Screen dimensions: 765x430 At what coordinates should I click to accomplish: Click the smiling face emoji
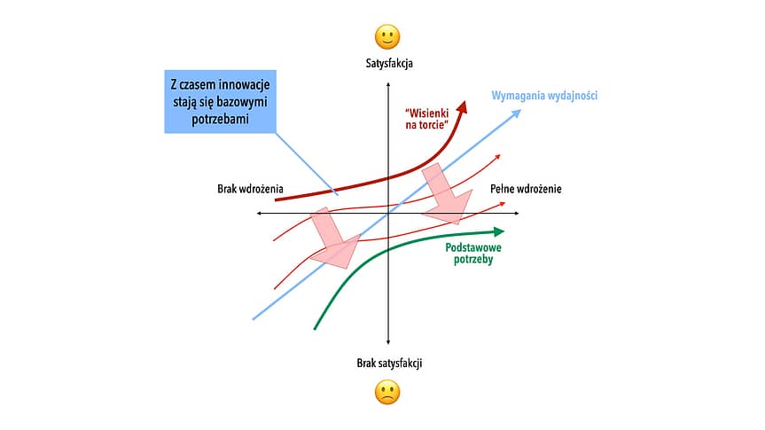387,37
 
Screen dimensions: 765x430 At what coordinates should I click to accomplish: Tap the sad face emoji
387,393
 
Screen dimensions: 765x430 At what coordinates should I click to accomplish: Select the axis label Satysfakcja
389,64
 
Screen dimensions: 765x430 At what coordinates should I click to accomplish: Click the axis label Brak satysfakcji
389,364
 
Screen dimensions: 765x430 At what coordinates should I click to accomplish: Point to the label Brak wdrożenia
250,189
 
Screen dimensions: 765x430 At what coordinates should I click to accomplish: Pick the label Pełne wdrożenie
526,189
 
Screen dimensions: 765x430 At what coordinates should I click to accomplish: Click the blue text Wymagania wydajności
544,96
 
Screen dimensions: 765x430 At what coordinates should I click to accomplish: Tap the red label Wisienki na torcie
427,119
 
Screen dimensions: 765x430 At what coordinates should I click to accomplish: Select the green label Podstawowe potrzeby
473,254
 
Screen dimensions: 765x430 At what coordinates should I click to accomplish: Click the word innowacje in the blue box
244,84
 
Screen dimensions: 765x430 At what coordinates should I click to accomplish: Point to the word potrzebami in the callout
220,120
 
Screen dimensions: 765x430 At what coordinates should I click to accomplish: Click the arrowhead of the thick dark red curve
462,106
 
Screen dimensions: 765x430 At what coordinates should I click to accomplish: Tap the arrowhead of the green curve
498,231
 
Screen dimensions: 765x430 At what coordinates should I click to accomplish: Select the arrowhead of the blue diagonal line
516,114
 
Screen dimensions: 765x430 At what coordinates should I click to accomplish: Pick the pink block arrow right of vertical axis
447,194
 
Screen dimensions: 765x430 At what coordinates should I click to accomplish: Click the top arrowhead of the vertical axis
388,85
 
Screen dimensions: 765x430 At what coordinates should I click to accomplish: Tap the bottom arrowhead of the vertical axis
388,341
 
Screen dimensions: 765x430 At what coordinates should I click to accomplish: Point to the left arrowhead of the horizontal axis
260,214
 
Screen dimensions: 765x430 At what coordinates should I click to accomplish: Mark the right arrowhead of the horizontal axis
516,214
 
